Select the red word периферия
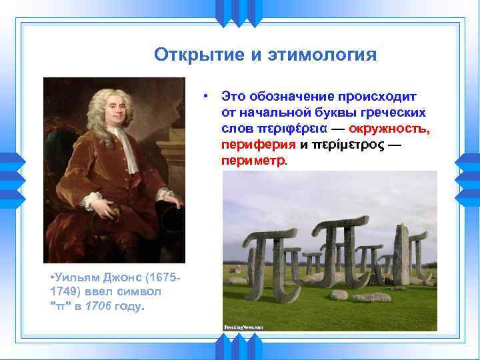tap(259, 145)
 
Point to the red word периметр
tap(253, 161)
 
